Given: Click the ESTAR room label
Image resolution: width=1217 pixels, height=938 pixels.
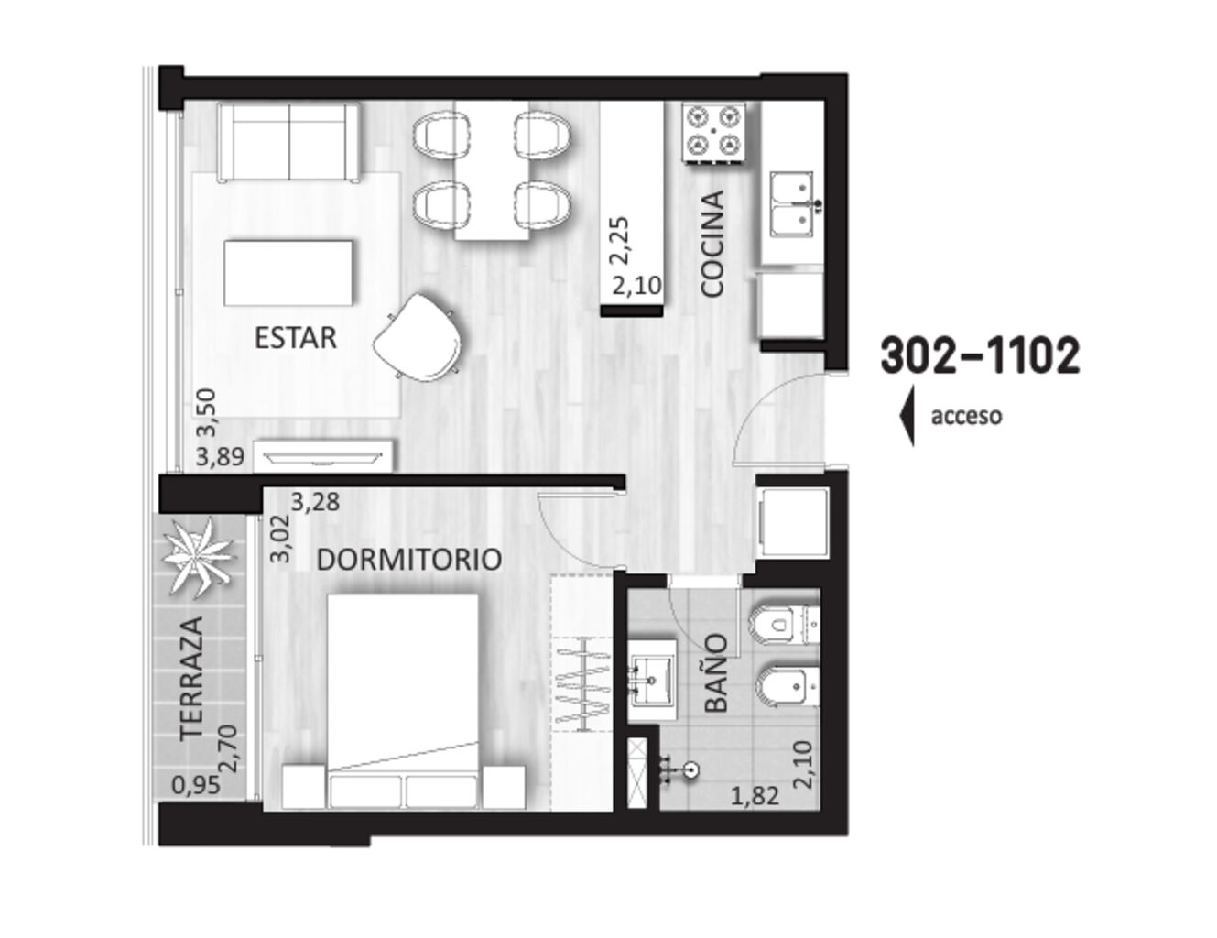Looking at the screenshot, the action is [x=295, y=338].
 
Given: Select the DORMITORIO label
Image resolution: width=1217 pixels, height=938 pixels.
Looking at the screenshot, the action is [x=408, y=560].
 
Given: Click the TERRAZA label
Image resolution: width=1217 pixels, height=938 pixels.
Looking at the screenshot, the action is [x=192, y=680].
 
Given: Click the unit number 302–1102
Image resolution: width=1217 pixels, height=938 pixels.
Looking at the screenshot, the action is [x=981, y=355].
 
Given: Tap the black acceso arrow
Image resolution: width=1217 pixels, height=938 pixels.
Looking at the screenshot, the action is [x=907, y=416].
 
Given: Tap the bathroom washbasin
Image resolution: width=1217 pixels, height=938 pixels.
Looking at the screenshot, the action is [x=652, y=681].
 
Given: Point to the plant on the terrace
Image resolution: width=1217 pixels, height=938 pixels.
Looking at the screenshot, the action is [x=195, y=556].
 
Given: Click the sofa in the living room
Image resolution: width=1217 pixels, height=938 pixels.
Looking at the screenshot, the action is [x=289, y=143].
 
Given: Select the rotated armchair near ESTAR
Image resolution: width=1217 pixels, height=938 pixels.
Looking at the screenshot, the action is [x=418, y=338].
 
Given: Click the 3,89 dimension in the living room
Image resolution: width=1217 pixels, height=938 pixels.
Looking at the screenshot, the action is [x=220, y=457].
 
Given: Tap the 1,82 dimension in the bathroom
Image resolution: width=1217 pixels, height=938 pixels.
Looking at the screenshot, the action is [x=755, y=796].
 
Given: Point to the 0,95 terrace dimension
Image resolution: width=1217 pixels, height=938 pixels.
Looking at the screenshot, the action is [x=196, y=786].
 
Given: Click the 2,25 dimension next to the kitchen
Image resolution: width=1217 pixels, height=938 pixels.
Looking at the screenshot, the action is [x=621, y=240].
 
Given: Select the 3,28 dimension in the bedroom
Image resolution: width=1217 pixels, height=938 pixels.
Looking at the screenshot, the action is [x=315, y=502].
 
